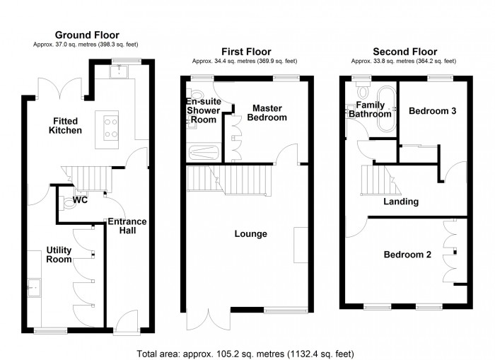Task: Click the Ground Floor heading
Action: [87, 35]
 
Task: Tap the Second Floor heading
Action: [404, 52]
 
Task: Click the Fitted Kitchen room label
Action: [65, 125]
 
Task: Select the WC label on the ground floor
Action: [80, 200]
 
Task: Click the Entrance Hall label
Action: [127, 226]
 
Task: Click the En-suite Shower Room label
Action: [204, 110]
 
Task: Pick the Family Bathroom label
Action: [368, 109]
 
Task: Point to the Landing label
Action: [400, 202]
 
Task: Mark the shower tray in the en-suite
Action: [204, 151]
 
